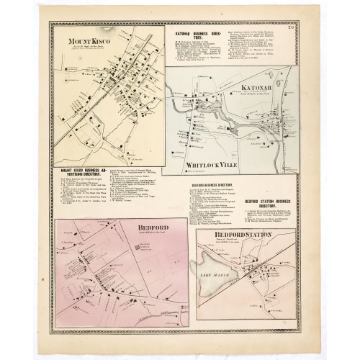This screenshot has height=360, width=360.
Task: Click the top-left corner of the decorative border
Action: (50, 22)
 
